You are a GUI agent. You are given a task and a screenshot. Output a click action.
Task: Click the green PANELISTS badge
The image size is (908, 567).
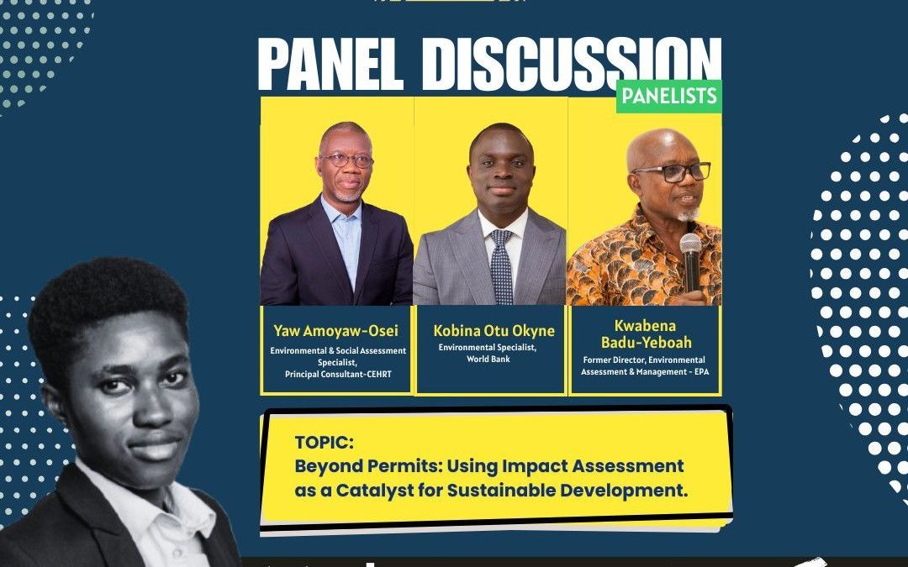(x=669, y=96)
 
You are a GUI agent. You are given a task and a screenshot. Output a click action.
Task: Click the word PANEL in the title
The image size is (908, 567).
(x=330, y=64)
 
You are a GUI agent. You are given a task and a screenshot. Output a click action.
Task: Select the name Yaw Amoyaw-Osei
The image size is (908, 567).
(x=335, y=331)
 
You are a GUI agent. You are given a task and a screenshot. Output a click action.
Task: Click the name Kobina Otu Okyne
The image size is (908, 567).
(x=494, y=331)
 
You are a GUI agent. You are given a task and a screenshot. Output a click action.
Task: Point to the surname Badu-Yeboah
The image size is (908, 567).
(x=647, y=342)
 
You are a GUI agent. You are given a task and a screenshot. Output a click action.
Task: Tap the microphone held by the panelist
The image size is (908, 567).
(x=690, y=263)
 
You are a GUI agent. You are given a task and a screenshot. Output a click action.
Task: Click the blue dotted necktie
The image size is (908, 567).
(x=501, y=266)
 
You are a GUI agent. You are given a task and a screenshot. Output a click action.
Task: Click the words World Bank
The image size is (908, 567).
(x=488, y=360)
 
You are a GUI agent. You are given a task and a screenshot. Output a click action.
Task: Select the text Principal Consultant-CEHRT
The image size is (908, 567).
(x=338, y=375)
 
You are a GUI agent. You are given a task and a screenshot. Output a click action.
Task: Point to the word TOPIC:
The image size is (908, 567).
(x=324, y=443)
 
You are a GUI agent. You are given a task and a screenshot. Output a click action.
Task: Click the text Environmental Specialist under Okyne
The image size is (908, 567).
(x=488, y=348)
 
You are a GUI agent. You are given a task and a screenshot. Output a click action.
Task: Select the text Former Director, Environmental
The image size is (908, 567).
(x=644, y=360)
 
